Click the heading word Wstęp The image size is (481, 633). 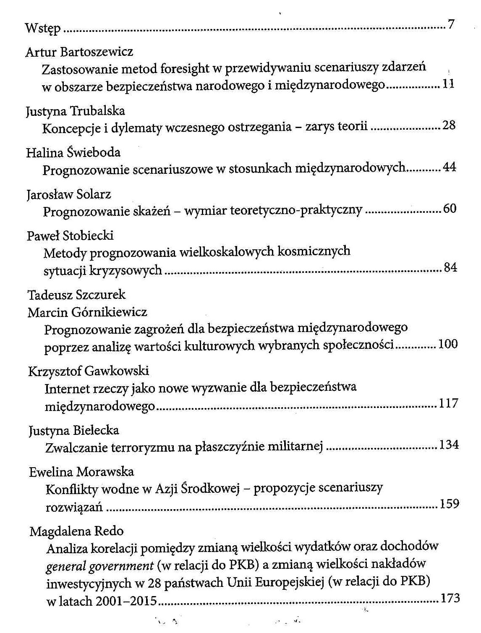pyautogui.click(x=43, y=28)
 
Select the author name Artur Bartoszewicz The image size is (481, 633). pyautogui.click(x=79, y=52)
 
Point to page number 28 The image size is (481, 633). pyautogui.click(x=449, y=125)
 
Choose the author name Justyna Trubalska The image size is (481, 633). pyautogui.click(x=76, y=111)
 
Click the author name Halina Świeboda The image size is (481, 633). pyautogui.click(x=73, y=152)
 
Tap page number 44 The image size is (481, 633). pyautogui.click(x=449, y=167)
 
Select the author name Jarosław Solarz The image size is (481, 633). pyautogui.click(x=69, y=194)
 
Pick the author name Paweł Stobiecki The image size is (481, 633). pyautogui.click(x=70, y=235)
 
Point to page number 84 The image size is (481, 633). pyautogui.click(x=450, y=267)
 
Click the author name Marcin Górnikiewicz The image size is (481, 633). pyautogui.click(x=87, y=312)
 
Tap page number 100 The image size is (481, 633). pyautogui.click(x=448, y=344)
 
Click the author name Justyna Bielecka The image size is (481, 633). pyautogui.click(x=74, y=430)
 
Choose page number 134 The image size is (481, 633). pyautogui.click(x=449, y=445)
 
